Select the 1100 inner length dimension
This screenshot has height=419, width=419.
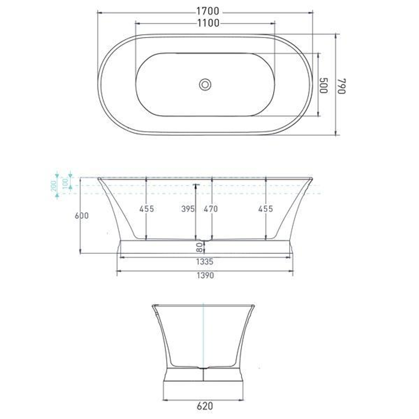(x=208, y=23)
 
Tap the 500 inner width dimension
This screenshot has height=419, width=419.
(x=323, y=85)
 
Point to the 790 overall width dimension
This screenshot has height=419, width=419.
(x=341, y=85)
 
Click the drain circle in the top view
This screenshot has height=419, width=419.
(x=205, y=84)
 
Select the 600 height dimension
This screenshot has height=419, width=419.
(x=82, y=216)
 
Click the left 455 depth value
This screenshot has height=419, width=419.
(x=147, y=209)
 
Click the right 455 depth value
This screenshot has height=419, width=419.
(x=266, y=209)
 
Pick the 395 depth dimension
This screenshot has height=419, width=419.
(x=188, y=209)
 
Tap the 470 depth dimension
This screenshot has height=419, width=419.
(x=211, y=209)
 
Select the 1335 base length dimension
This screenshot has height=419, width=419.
(x=204, y=261)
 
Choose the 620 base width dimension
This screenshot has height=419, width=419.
(x=204, y=406)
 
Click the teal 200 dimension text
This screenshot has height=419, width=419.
(x=54, y=185)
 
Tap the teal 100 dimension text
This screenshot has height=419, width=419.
(x=66, y=181)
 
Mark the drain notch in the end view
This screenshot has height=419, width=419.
(x=203, y=367)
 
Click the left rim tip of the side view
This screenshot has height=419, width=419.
(x=99, y=179)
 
